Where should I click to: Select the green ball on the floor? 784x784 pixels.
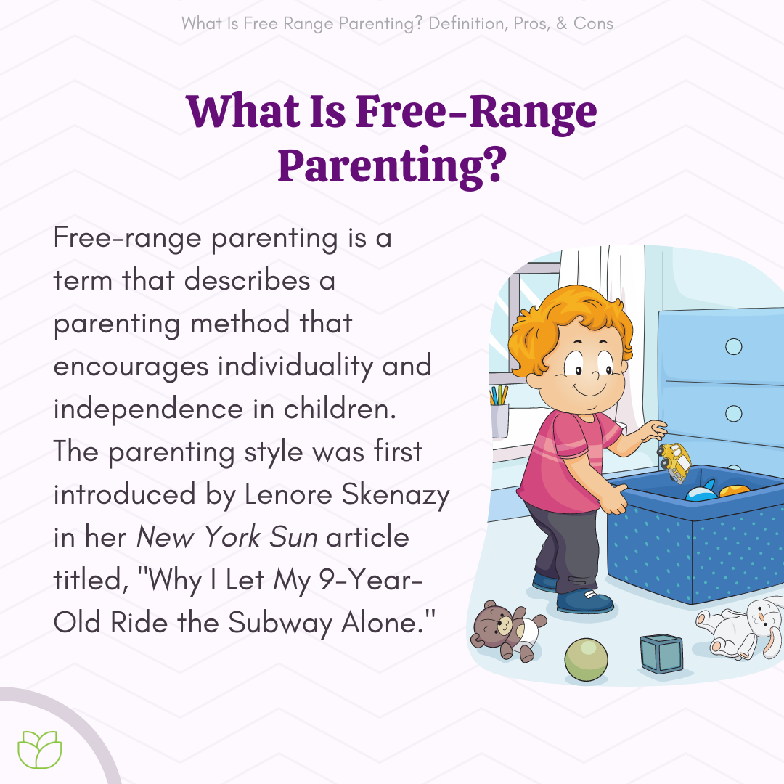click(x=586, y=659)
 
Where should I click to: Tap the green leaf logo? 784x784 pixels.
click(x=40, y=751)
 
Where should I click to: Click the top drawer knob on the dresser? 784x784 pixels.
click(x=734, y=346)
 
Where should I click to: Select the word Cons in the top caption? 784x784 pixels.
click(x=593, y=23)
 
